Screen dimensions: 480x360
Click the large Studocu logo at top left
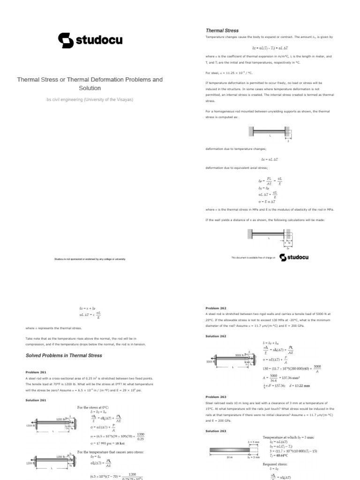click(x=90, y=40)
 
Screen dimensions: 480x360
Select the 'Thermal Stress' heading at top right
click(x=222, y=30)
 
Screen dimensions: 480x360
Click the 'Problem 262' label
click(x=216, y=308)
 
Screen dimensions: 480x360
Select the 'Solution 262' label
click(x=216, y=336)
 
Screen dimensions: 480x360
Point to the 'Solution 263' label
click(x=216, y=431)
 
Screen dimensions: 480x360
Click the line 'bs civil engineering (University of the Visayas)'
click(x=90, y=100)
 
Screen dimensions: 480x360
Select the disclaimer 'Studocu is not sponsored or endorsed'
click(x=90, y=259)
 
